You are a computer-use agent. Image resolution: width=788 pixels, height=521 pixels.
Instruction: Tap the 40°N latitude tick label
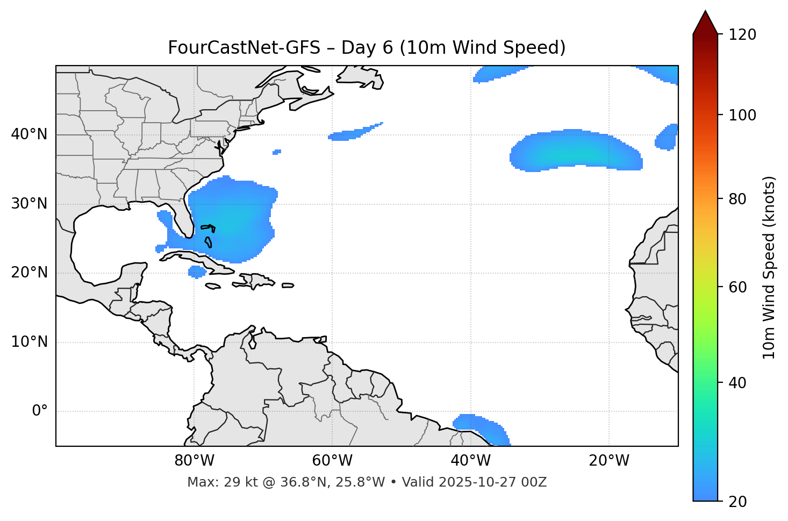[x=29, y=134]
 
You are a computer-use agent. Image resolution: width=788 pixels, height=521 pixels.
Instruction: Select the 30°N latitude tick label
[x=29, y=204]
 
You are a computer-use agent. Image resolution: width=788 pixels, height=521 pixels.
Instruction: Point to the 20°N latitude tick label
[x=29, y=273]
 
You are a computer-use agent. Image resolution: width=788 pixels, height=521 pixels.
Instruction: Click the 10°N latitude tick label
[x=29, y=342]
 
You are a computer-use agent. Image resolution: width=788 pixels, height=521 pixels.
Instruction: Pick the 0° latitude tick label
[x=39, y=411]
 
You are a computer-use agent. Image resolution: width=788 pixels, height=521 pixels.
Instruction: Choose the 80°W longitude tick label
[x=194, y=461]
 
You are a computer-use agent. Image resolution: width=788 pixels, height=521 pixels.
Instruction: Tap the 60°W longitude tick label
[x=332, y=461]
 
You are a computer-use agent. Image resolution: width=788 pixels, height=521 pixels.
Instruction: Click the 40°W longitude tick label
[x=470, y=461]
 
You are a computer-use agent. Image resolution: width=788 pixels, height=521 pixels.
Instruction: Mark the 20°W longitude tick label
[x=608, y=461]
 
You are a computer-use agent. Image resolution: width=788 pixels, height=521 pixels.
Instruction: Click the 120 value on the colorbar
[x=743, y=35]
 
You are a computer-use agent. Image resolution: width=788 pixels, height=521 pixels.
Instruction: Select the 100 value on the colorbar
[x=743, y=115]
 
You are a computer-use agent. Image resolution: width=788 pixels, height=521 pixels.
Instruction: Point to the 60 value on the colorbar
[x=737, y=287]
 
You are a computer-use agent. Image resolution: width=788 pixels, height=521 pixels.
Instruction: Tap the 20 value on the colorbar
[x=737, y=502]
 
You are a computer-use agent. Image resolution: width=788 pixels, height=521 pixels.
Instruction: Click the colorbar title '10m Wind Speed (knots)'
[x=769, y=267]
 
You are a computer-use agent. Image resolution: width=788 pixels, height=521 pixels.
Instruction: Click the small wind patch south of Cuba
[x=197, y=272]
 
